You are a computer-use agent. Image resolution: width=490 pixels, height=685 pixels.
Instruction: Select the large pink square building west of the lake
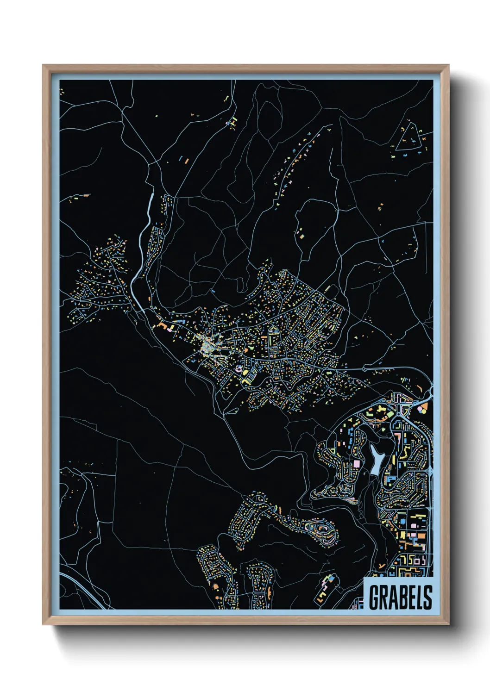pyautogui.click(x=357, y=463)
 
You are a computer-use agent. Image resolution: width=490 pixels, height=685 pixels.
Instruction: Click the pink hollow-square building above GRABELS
pyautogui.click(x=417, y=561)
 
